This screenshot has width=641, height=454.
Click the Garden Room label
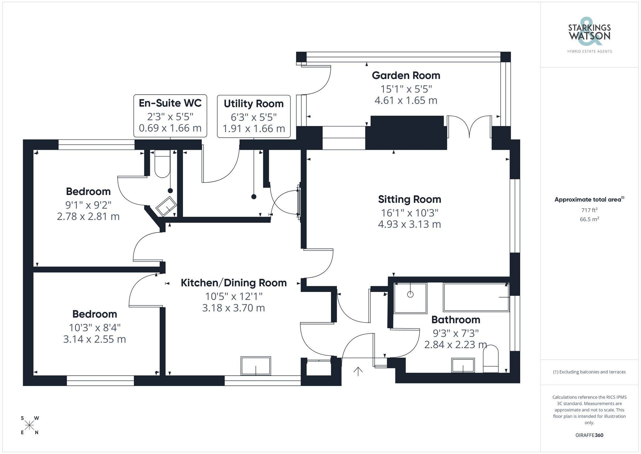pyautogui.click(x=406, y=75)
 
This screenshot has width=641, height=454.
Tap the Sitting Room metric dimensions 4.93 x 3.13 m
pyautogui.click(x=409, y=224)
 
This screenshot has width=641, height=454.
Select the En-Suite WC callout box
pyautogui.click(x=170, y=116)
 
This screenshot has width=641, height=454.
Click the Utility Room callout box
pyautogui.click(x=254, y=116)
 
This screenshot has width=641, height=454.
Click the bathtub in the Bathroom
pyautogui.click(x=476, y=297)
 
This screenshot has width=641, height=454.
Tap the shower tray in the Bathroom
pyautogui.click(x=410, y=298)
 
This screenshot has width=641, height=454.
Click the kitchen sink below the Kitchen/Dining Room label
pyautogui.click(x=256, y=365)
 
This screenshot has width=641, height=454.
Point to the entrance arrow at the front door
pyautogui.click(x=358, y=371)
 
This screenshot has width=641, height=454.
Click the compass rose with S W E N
pyautogui.click(x=29, y=426)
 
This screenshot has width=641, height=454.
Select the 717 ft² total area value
pyautogui.click(x=589, y=210)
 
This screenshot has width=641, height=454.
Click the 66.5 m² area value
pyautogui.click(x=589, y=219)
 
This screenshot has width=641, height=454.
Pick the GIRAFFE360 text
pyautogui.click(x=589, y=435)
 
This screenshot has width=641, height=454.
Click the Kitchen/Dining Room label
pyautogui.click(x=234, y=283)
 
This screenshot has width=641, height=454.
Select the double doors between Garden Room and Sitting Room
pyautogui.click(x=469, y=127)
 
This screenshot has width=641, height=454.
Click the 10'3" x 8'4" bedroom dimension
pyautogui.click(x=95, y=328)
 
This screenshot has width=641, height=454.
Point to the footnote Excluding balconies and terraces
pyautogui.click(x=589, y=372)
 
